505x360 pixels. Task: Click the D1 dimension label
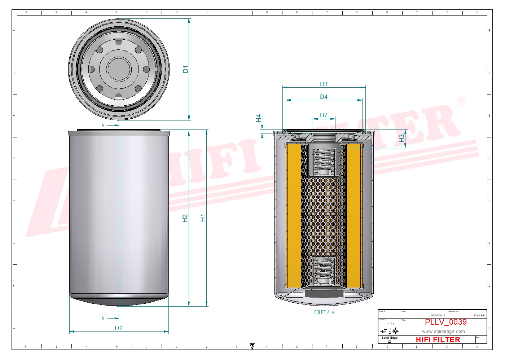[185, 69]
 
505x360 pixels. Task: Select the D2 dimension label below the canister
[119, 328]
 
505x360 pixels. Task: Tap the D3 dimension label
[324, 84]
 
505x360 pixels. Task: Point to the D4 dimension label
[324, 97]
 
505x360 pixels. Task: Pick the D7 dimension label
[324, 115]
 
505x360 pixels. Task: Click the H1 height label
[203, 218]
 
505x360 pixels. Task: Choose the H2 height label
[185, 218]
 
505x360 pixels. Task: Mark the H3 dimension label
[402, 139]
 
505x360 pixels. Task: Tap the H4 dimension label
[259, 118]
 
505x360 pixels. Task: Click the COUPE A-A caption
[324, 312]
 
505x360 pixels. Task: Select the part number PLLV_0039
[445, 322]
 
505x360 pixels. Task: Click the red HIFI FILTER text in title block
[438, 340]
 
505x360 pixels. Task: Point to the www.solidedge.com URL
[443, 332]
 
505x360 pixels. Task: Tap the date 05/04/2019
[438, 315]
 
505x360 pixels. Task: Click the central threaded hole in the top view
[119, 69]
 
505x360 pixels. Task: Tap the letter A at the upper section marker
[103, 125]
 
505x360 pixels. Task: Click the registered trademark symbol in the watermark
[462, 102]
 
